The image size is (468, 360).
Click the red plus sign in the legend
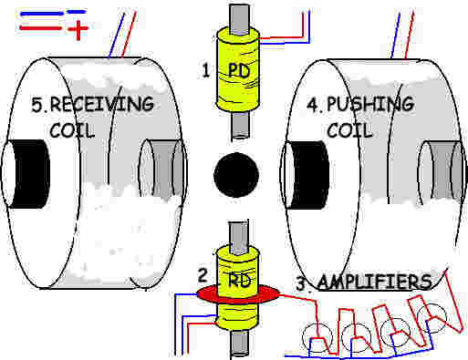77,33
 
